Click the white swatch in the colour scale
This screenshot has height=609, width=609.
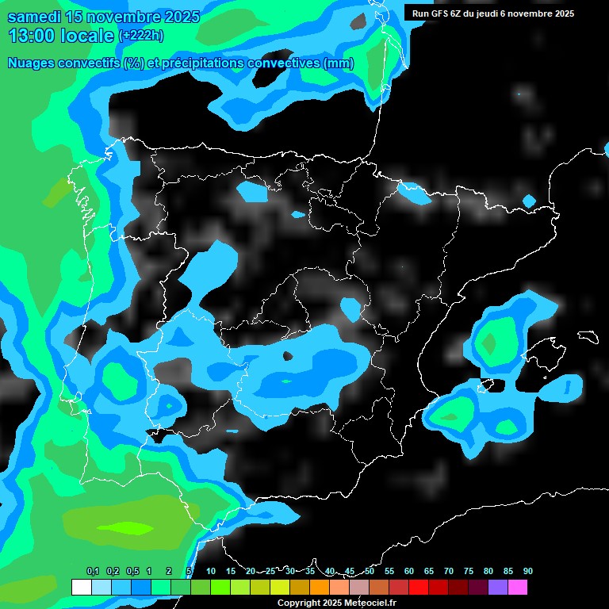tap(81, 587)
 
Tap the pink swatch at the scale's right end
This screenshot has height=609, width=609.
tap(517, 587)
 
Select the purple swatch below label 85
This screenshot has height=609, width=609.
tap(497, 587)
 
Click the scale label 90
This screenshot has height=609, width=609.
tap(528, 571)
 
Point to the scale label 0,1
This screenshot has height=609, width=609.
tap(93, 571)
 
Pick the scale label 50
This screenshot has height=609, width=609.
tap(370, 571)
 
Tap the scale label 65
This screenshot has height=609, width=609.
tap(429, 571)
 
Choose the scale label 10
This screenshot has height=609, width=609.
tap(211, 571)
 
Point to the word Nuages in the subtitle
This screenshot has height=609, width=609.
tap(29, 63)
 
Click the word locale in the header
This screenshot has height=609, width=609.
tap(86, 36)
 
